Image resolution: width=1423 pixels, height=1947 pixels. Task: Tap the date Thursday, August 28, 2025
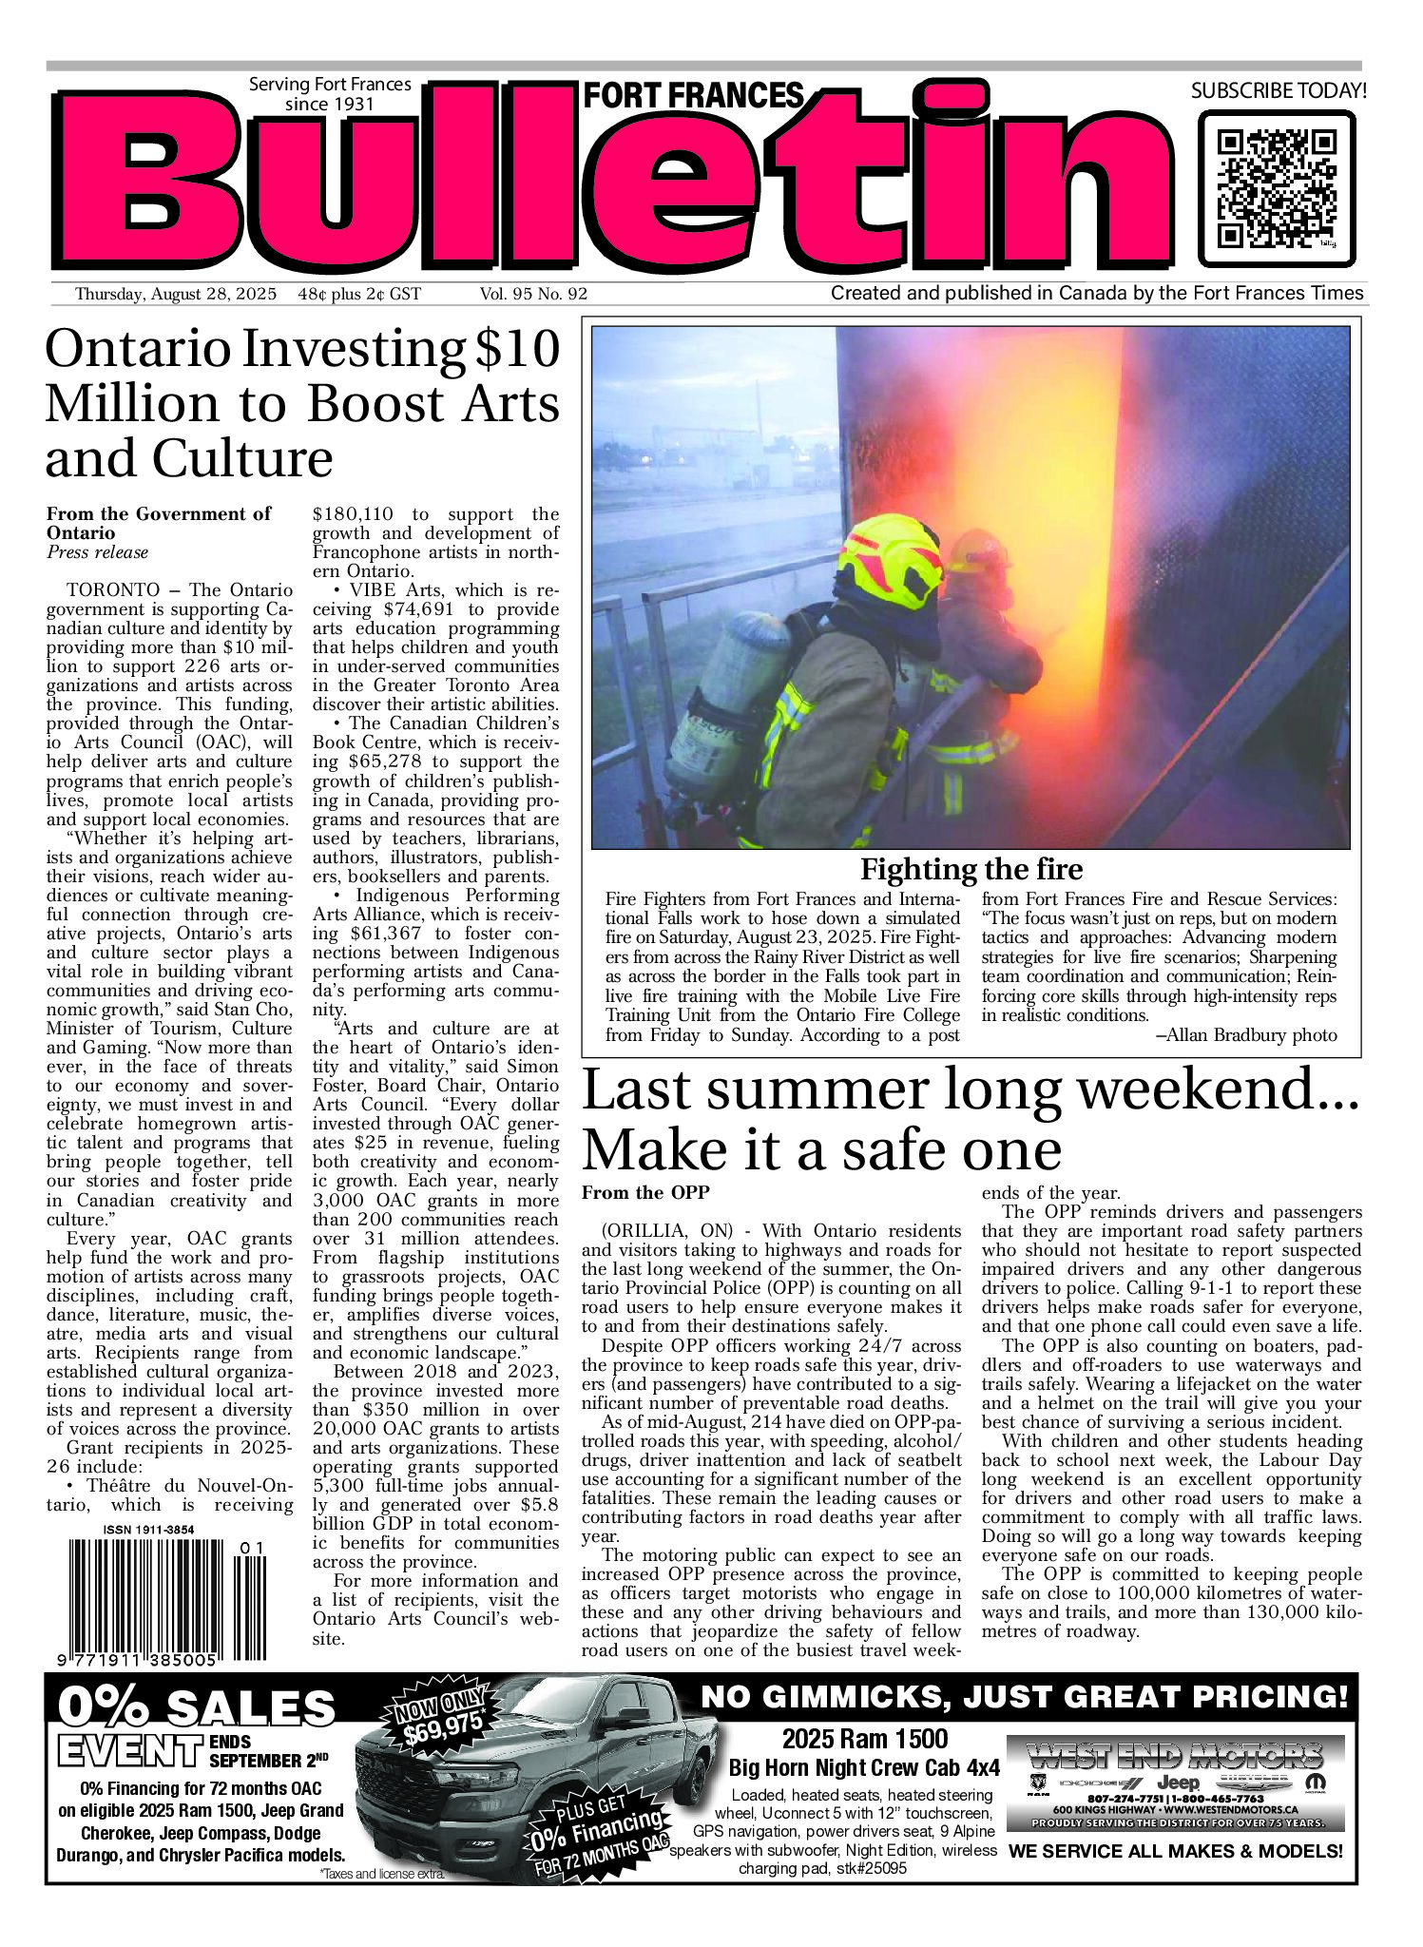(x=175, y=295)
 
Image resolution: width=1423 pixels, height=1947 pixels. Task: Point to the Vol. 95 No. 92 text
(x=533, y=295)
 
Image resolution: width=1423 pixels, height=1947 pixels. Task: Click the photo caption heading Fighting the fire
(x=971, y=869)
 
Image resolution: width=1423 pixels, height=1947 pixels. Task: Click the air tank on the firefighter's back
(x=732, y=694)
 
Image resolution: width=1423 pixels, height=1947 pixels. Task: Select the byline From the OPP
(x=645, y=1192)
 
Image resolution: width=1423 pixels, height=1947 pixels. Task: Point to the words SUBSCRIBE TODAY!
(x=1279, y=91)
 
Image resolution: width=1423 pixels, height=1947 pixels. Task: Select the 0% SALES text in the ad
(x=197, y=1708)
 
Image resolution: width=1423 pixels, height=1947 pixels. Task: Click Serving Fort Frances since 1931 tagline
(x=330, y=94)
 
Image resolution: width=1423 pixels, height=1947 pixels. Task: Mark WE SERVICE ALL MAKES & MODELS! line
(x=1175, y=1851)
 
